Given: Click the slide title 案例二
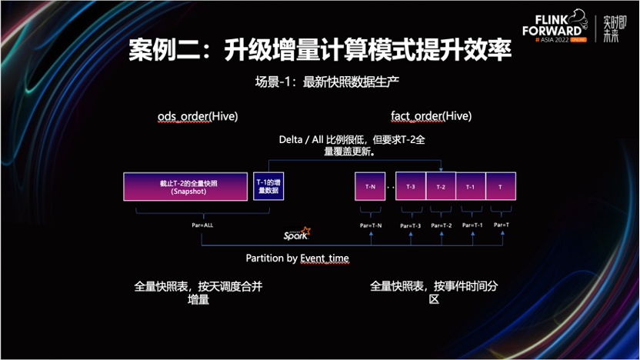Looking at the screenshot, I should [319, 51].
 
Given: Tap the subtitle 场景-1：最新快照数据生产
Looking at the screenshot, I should [320, 81].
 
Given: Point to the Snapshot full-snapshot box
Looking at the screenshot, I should [185, 187].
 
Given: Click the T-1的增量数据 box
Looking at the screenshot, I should [267, 187].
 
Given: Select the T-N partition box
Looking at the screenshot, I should [369, 187].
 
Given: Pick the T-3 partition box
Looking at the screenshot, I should [410, 187].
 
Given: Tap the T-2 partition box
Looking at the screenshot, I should [440, 187].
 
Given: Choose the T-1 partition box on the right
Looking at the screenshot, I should [470, 187].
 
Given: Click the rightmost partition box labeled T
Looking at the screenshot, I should [501, 187].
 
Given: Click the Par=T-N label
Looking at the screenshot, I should [371, 225].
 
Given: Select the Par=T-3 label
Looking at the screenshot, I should [411, 225].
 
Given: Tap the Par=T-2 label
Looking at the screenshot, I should [441, 225].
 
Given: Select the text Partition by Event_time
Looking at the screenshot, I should [298, 258].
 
